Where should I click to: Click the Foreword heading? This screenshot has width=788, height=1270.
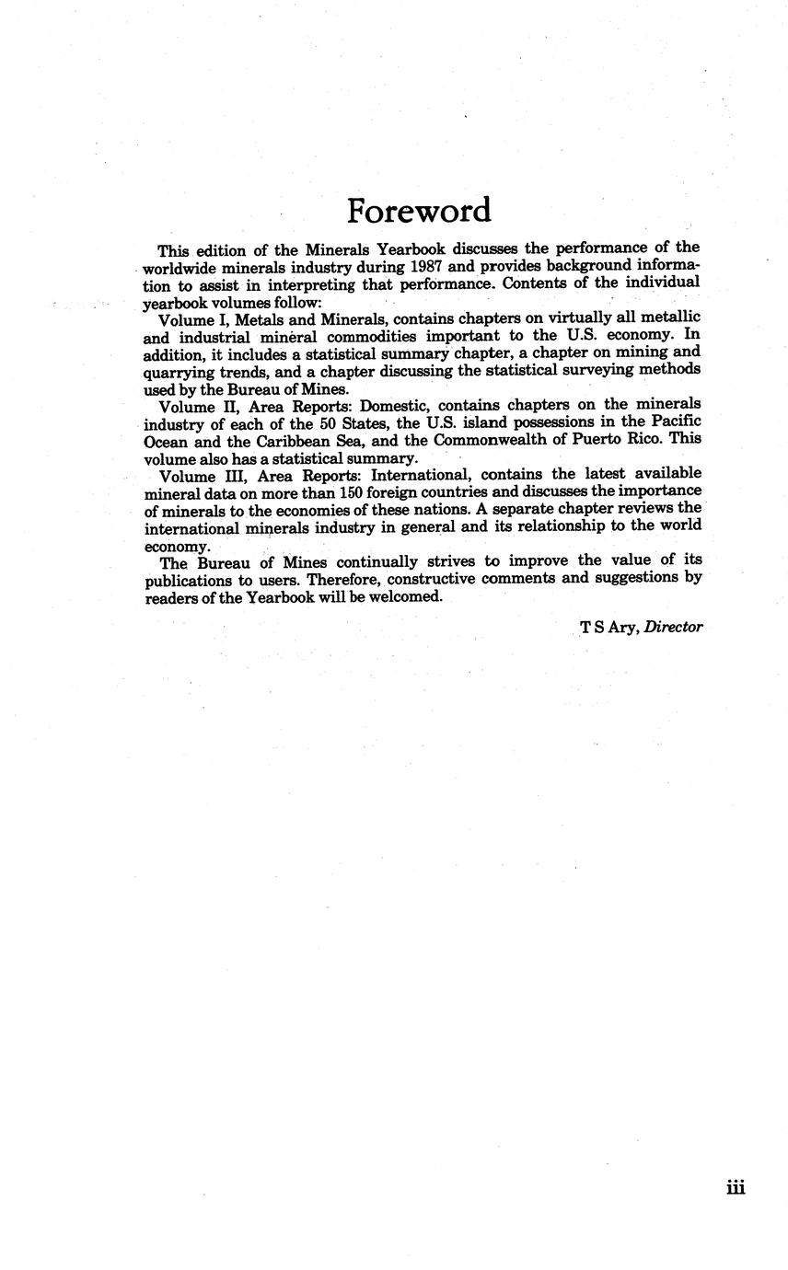click(419, 211)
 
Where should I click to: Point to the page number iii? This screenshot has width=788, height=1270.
click(735, 1188)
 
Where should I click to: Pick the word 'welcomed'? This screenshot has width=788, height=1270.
click(408, 596)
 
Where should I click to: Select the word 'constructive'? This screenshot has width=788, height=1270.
click(460, 579)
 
